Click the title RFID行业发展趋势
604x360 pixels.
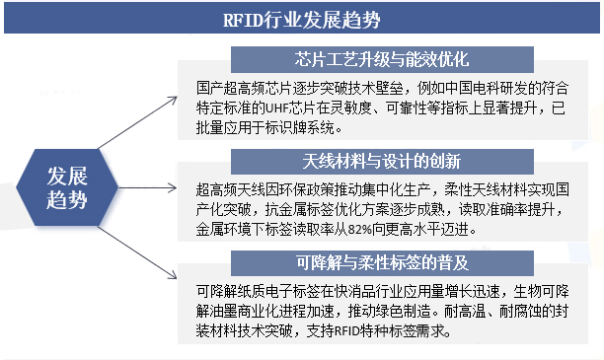tap(301, 18)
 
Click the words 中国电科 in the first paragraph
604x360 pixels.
tap(470, 87)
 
